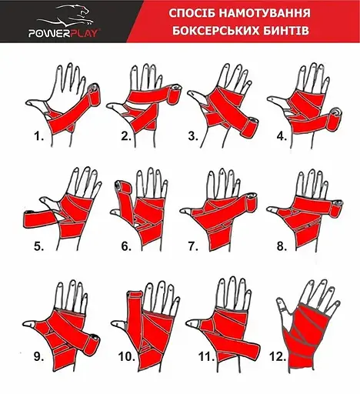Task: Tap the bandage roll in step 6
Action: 123,189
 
